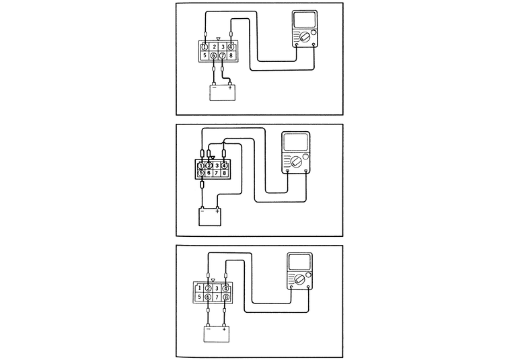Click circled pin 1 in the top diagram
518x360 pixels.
point(204,47)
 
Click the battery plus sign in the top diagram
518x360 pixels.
point(230,87)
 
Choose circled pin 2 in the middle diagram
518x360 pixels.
point(209,165)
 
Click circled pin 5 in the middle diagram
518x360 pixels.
point(200,174)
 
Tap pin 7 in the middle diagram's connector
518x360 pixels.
point(217,174)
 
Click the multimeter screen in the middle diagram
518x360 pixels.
point(295,143)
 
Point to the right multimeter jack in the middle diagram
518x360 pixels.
point(307,171)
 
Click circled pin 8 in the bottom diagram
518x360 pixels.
point(226,297)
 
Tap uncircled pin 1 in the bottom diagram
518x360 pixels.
point(200,287)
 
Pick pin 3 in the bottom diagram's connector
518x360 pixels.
point(217,287)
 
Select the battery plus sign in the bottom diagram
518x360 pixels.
point(224,330)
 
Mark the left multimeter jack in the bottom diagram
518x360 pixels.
point(291,287)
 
